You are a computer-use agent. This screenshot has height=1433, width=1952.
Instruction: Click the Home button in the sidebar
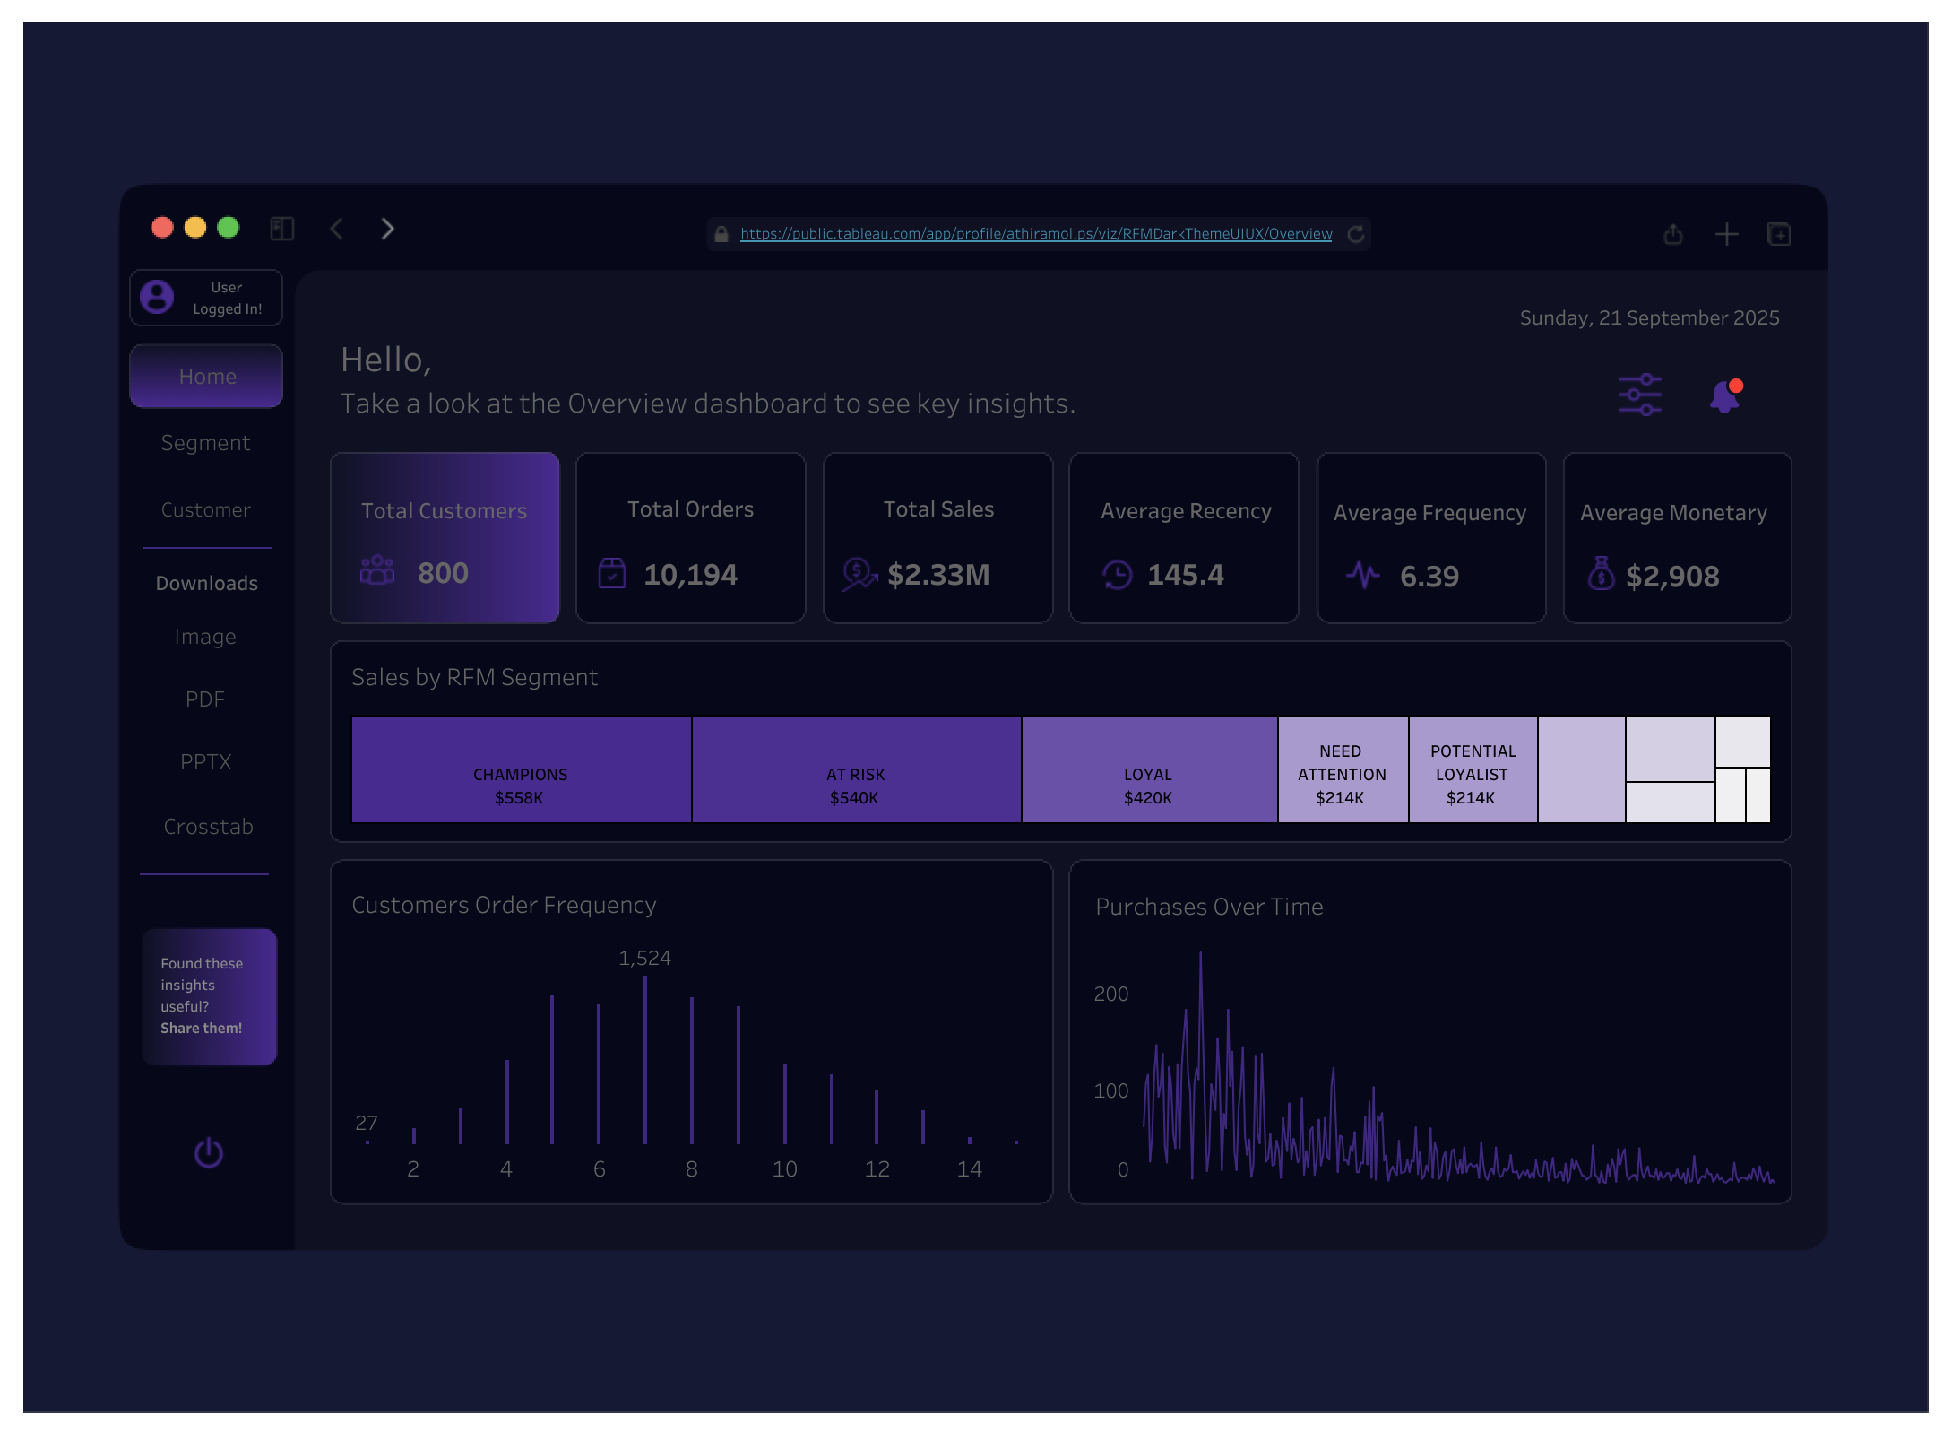206,377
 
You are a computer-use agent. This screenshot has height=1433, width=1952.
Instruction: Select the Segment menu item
205,443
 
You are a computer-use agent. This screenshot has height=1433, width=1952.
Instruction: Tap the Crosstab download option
208,827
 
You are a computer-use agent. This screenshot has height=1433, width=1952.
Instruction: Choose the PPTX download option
205,762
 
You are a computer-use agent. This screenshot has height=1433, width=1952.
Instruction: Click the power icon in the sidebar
209,1153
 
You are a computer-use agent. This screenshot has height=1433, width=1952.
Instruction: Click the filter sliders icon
1639,395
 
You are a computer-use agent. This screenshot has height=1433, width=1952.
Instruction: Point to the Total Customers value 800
443,573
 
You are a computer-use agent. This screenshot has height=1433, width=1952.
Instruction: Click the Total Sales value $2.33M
937,575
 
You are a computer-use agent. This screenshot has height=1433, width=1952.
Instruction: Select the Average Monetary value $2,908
1671,577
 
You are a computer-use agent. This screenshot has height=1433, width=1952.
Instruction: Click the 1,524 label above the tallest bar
644,958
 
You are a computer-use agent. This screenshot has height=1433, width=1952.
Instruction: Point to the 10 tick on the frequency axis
784,1169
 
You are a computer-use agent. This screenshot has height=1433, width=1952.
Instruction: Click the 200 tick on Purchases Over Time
1110,994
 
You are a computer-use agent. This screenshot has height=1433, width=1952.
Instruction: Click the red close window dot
162,228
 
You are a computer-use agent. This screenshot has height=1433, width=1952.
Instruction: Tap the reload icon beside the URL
1355,234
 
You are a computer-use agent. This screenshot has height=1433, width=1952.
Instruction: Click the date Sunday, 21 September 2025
1649,318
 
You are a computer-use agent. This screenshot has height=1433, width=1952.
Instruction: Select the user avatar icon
157,297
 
